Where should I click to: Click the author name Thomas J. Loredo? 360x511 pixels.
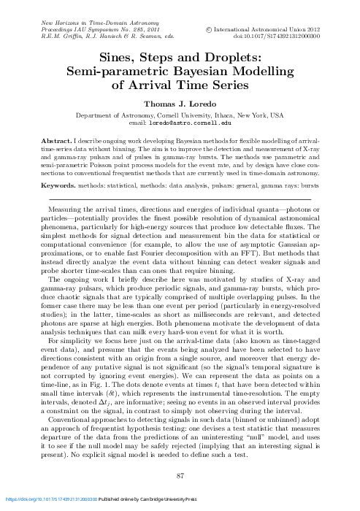click(x=180, y=104)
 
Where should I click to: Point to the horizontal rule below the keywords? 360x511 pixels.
click(x=180, y=199)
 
